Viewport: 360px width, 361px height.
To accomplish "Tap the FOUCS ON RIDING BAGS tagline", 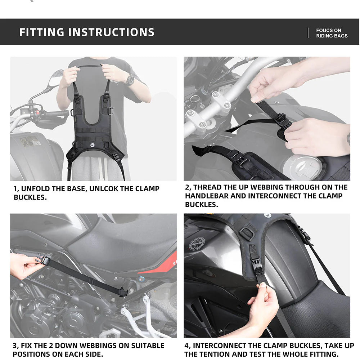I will (x=332, y=33).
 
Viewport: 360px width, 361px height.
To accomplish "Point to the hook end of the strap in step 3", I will (x=123, y=292).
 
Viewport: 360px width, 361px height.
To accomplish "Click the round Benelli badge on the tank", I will (x=197, y=244).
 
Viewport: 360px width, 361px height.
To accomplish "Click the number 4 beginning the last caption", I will (x=187, y=346).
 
